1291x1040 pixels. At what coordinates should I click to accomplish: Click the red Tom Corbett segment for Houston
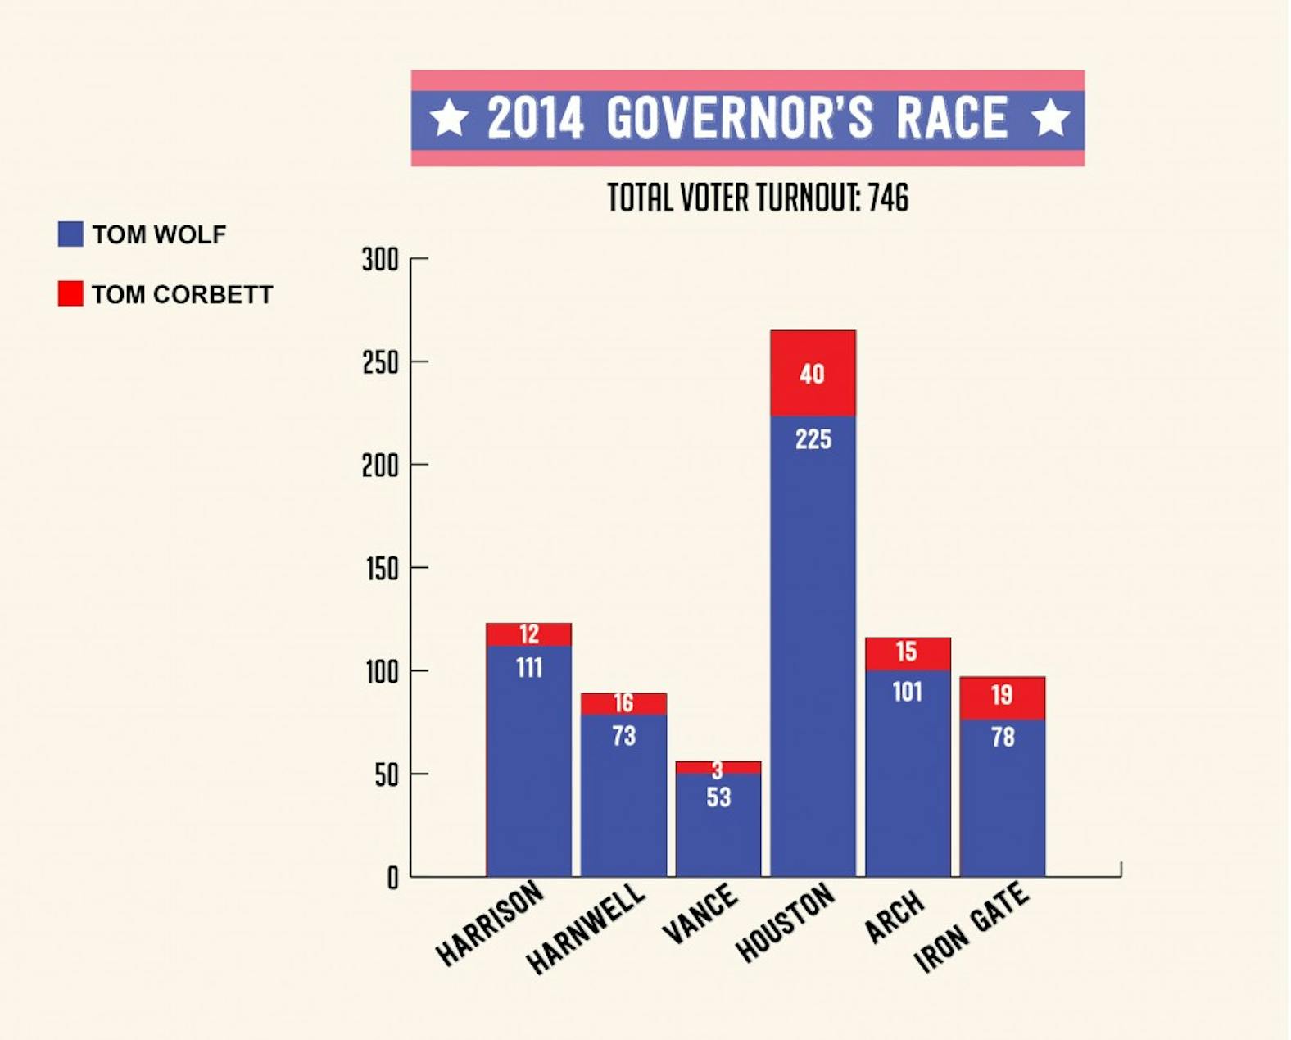(813, 373)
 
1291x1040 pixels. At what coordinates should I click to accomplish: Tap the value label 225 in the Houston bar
(813, 439)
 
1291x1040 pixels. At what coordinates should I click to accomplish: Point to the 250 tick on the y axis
(380, 362)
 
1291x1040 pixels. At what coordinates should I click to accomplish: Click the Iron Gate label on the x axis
(972, 928)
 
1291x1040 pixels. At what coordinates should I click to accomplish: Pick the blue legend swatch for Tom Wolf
(70, 234)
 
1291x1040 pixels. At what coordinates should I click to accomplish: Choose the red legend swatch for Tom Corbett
(70, 293)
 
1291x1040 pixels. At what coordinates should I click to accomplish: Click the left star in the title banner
(450, 118)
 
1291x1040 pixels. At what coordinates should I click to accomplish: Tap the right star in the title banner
(1049, 118)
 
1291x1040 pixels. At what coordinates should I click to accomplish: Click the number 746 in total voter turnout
(888, 198)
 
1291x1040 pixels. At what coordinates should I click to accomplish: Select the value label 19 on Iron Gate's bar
(1001, 695)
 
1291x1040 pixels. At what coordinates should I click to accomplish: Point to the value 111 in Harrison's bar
(528, 668)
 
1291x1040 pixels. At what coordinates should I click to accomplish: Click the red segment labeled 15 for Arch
(907, 652)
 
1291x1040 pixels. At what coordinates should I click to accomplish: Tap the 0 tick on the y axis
(392, 878)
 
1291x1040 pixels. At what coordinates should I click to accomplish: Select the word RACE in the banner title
(951, 118)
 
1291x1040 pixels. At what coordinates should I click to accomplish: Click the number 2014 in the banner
(536, 118)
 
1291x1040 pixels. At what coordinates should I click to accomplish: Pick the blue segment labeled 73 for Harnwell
(623, 787)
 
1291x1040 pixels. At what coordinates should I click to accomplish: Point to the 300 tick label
(380, 260)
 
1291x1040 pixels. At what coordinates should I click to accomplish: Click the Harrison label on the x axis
(490, 923)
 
